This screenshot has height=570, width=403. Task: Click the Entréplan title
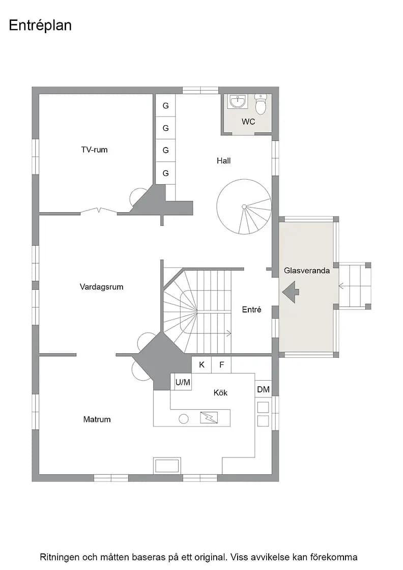click(x=40, y=25)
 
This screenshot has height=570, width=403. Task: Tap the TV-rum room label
click(x=94, y=150)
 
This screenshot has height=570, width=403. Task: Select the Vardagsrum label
click(x=101, y=287)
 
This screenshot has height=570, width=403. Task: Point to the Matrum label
click(x=97, y=419)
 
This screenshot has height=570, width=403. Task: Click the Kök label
click(x=220, y=392)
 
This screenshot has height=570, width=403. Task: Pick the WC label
click(x=248, y=122)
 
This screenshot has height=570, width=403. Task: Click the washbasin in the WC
click(x=238, y=101)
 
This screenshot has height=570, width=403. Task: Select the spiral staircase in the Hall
click(x=244, y=207)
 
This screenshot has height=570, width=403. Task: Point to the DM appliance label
click(x=263, y=389)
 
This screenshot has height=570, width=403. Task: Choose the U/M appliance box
click(x=183, y=382)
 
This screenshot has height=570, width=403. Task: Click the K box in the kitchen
click(x=201, y=364)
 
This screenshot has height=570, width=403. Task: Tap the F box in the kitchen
click(x=222, y=364)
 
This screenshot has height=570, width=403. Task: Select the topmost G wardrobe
click(x=166, y=105)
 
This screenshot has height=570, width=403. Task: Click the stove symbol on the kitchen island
click(x=209, y=417)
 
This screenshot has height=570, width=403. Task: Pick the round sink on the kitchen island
click(x=184, y=419)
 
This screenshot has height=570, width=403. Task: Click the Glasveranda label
click(x=307, y=270)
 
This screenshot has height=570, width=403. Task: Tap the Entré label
click(x=251, y=309)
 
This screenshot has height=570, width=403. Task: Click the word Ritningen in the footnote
click(x=60, y=557)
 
